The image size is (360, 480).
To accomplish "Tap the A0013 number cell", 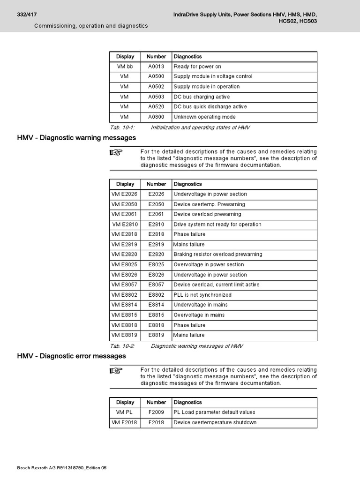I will pos(156,67).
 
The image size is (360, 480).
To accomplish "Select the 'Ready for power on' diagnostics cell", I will pos(197,67).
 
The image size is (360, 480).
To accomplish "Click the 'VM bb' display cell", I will pos(125,67).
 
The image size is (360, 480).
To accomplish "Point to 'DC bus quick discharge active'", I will pos(210,107).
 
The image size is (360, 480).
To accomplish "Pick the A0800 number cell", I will pos(156,117).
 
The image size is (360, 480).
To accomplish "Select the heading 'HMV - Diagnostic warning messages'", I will pos(76,138).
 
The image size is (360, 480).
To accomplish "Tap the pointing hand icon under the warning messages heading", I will pos(116,152).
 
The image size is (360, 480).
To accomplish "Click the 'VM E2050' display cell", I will pos(125,204).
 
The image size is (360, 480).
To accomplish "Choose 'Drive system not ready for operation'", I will pos(217,225).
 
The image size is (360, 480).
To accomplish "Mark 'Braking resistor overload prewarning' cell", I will pos(217,255).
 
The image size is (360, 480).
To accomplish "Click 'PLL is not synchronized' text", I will pos(202,295).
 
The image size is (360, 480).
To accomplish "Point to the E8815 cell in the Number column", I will pos(156,315).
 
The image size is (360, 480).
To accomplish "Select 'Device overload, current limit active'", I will pos(216,285).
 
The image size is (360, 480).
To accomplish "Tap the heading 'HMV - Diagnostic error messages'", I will pos(72,356).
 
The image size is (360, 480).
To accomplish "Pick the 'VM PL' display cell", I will pos(125,412).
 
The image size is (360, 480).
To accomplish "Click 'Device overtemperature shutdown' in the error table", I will pos(215,422).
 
